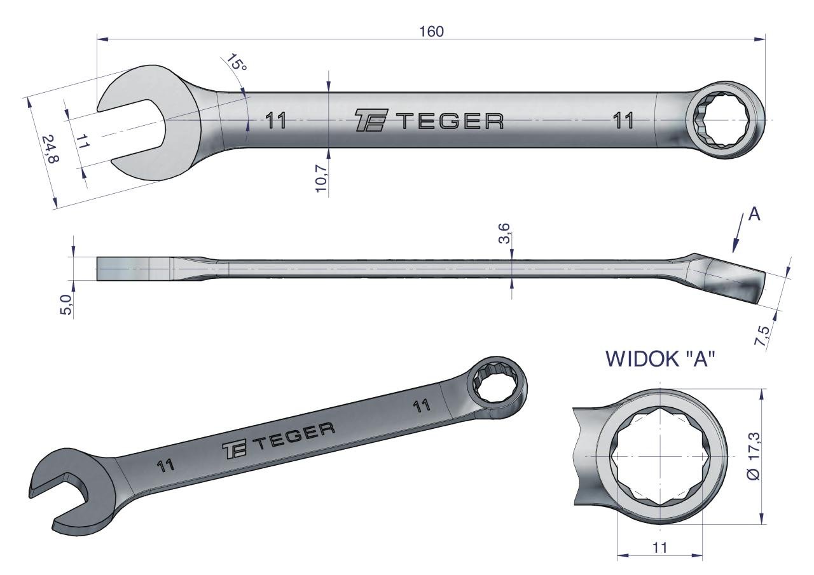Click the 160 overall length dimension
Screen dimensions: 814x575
click(x=432, y=32)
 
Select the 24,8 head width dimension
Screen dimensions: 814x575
click(x=50, y=149)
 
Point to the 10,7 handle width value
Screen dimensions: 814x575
click(x=322, y=178)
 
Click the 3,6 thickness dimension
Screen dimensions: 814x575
click(x=505, y=234)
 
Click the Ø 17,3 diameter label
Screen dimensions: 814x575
click(x=754, y=456)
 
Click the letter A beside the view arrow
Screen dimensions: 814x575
click(x=754, y=215)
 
